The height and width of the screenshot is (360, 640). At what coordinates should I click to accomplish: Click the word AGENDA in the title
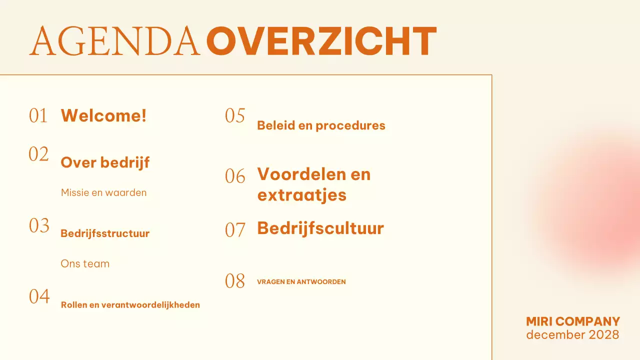click(114, 41)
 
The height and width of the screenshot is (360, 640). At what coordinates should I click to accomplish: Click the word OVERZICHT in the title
click(321, 41)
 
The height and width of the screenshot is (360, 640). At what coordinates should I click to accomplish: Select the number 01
click(38, 116)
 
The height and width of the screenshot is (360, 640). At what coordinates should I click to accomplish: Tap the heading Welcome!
click(103, 115)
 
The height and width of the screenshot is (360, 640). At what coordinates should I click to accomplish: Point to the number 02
click(38, 154)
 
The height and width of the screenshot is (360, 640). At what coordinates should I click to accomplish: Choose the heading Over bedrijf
click(105, 162)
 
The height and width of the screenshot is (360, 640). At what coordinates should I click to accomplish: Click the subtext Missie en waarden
click(103, 192)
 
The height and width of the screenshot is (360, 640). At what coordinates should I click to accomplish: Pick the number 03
click(39, 226)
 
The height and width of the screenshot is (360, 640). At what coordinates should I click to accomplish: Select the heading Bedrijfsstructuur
click(105, 233)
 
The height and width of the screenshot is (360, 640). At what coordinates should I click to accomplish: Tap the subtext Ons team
click(85, 263)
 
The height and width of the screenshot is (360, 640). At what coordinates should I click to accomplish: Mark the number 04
click(39, 297)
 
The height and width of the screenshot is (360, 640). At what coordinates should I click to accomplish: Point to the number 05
click(235, 116)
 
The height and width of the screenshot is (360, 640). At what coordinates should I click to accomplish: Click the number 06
click(235, 176)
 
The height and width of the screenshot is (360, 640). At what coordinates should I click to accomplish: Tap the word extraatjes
click(301, 194)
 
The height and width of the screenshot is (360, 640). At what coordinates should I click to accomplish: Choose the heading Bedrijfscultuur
click(320, 228)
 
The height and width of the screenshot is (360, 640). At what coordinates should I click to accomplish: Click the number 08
click(235, 281)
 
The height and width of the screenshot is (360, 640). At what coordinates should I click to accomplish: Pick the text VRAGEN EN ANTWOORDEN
click(301, 282)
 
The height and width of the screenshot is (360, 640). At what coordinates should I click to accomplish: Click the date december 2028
click(572, 334)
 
